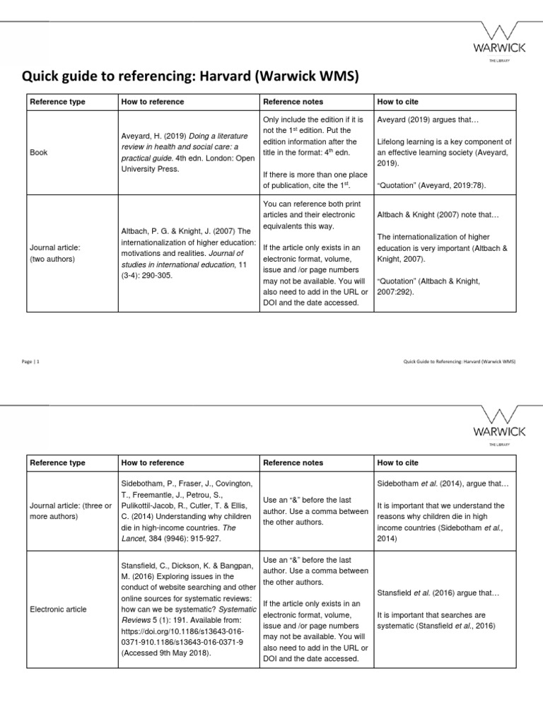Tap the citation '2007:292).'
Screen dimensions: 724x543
pos(397,291)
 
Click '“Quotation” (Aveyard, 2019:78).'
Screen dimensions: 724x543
pos(431,185)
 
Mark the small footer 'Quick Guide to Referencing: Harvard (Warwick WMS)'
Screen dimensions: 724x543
pos(459,361)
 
